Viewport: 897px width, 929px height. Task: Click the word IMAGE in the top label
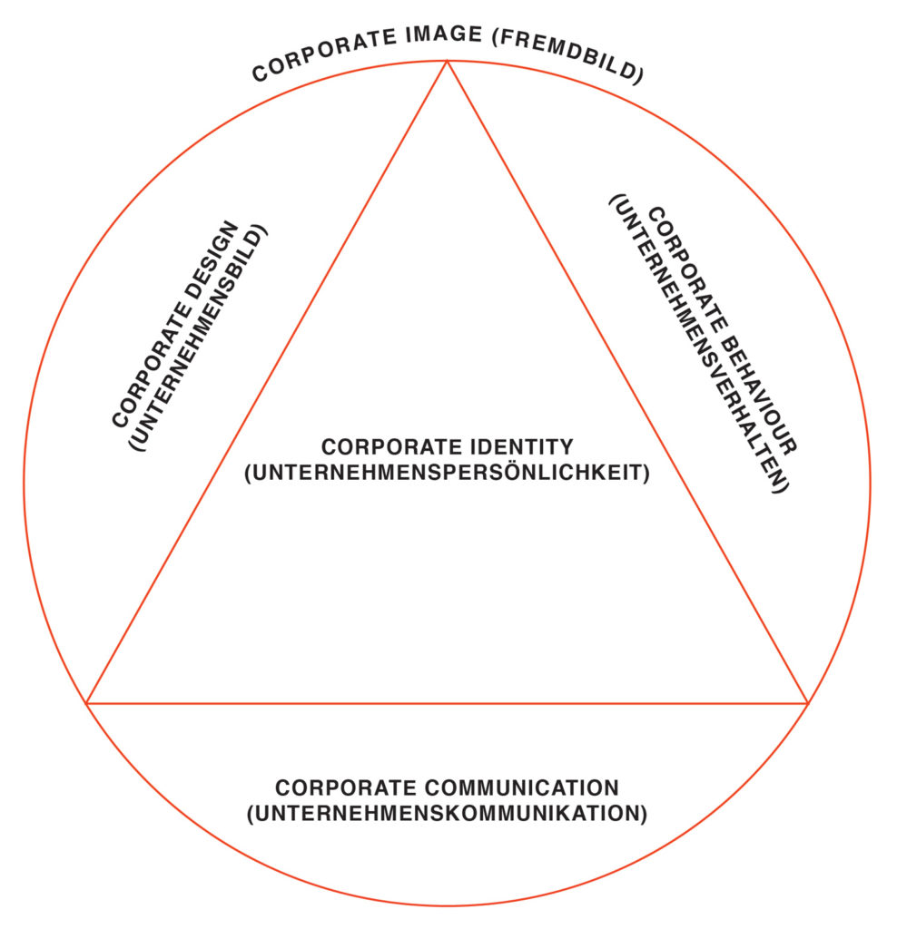(443, 35)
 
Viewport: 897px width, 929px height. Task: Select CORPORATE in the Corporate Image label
(324, 54)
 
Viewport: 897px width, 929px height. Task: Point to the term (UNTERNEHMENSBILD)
(198, 337)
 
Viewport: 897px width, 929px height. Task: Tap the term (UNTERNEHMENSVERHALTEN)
(699, 344)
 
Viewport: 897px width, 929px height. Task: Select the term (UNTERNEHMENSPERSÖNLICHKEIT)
(448, 473)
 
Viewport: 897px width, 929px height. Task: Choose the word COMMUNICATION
(522, 788)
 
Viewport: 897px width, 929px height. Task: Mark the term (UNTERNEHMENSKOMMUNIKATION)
(447, 814)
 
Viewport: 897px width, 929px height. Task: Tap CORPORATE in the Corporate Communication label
(346, 788)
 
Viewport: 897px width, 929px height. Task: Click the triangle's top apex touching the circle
(447, 61)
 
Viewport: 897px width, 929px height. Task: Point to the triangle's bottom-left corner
(86, 703)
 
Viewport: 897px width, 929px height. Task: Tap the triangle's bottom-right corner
(807, 703)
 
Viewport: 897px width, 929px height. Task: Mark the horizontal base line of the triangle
(447, 703)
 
